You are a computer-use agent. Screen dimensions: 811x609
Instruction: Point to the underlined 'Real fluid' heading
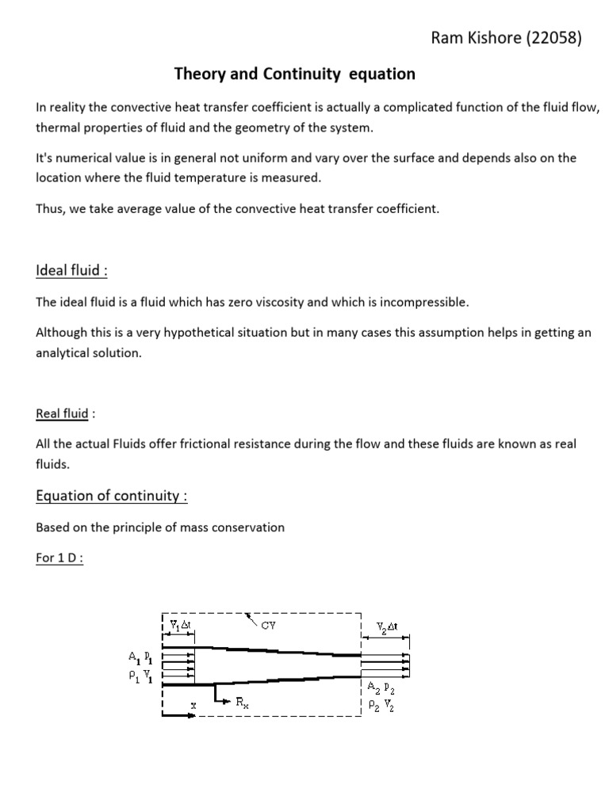tap(62, 413)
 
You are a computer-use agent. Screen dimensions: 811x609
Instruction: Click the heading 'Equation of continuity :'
tap(112, 496)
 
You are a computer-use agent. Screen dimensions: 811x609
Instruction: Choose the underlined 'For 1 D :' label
tap(59, 558)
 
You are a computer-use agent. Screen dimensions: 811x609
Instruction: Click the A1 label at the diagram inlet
tap(133, 657)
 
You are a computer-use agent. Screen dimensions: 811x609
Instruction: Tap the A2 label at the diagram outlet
tap(372, 686)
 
